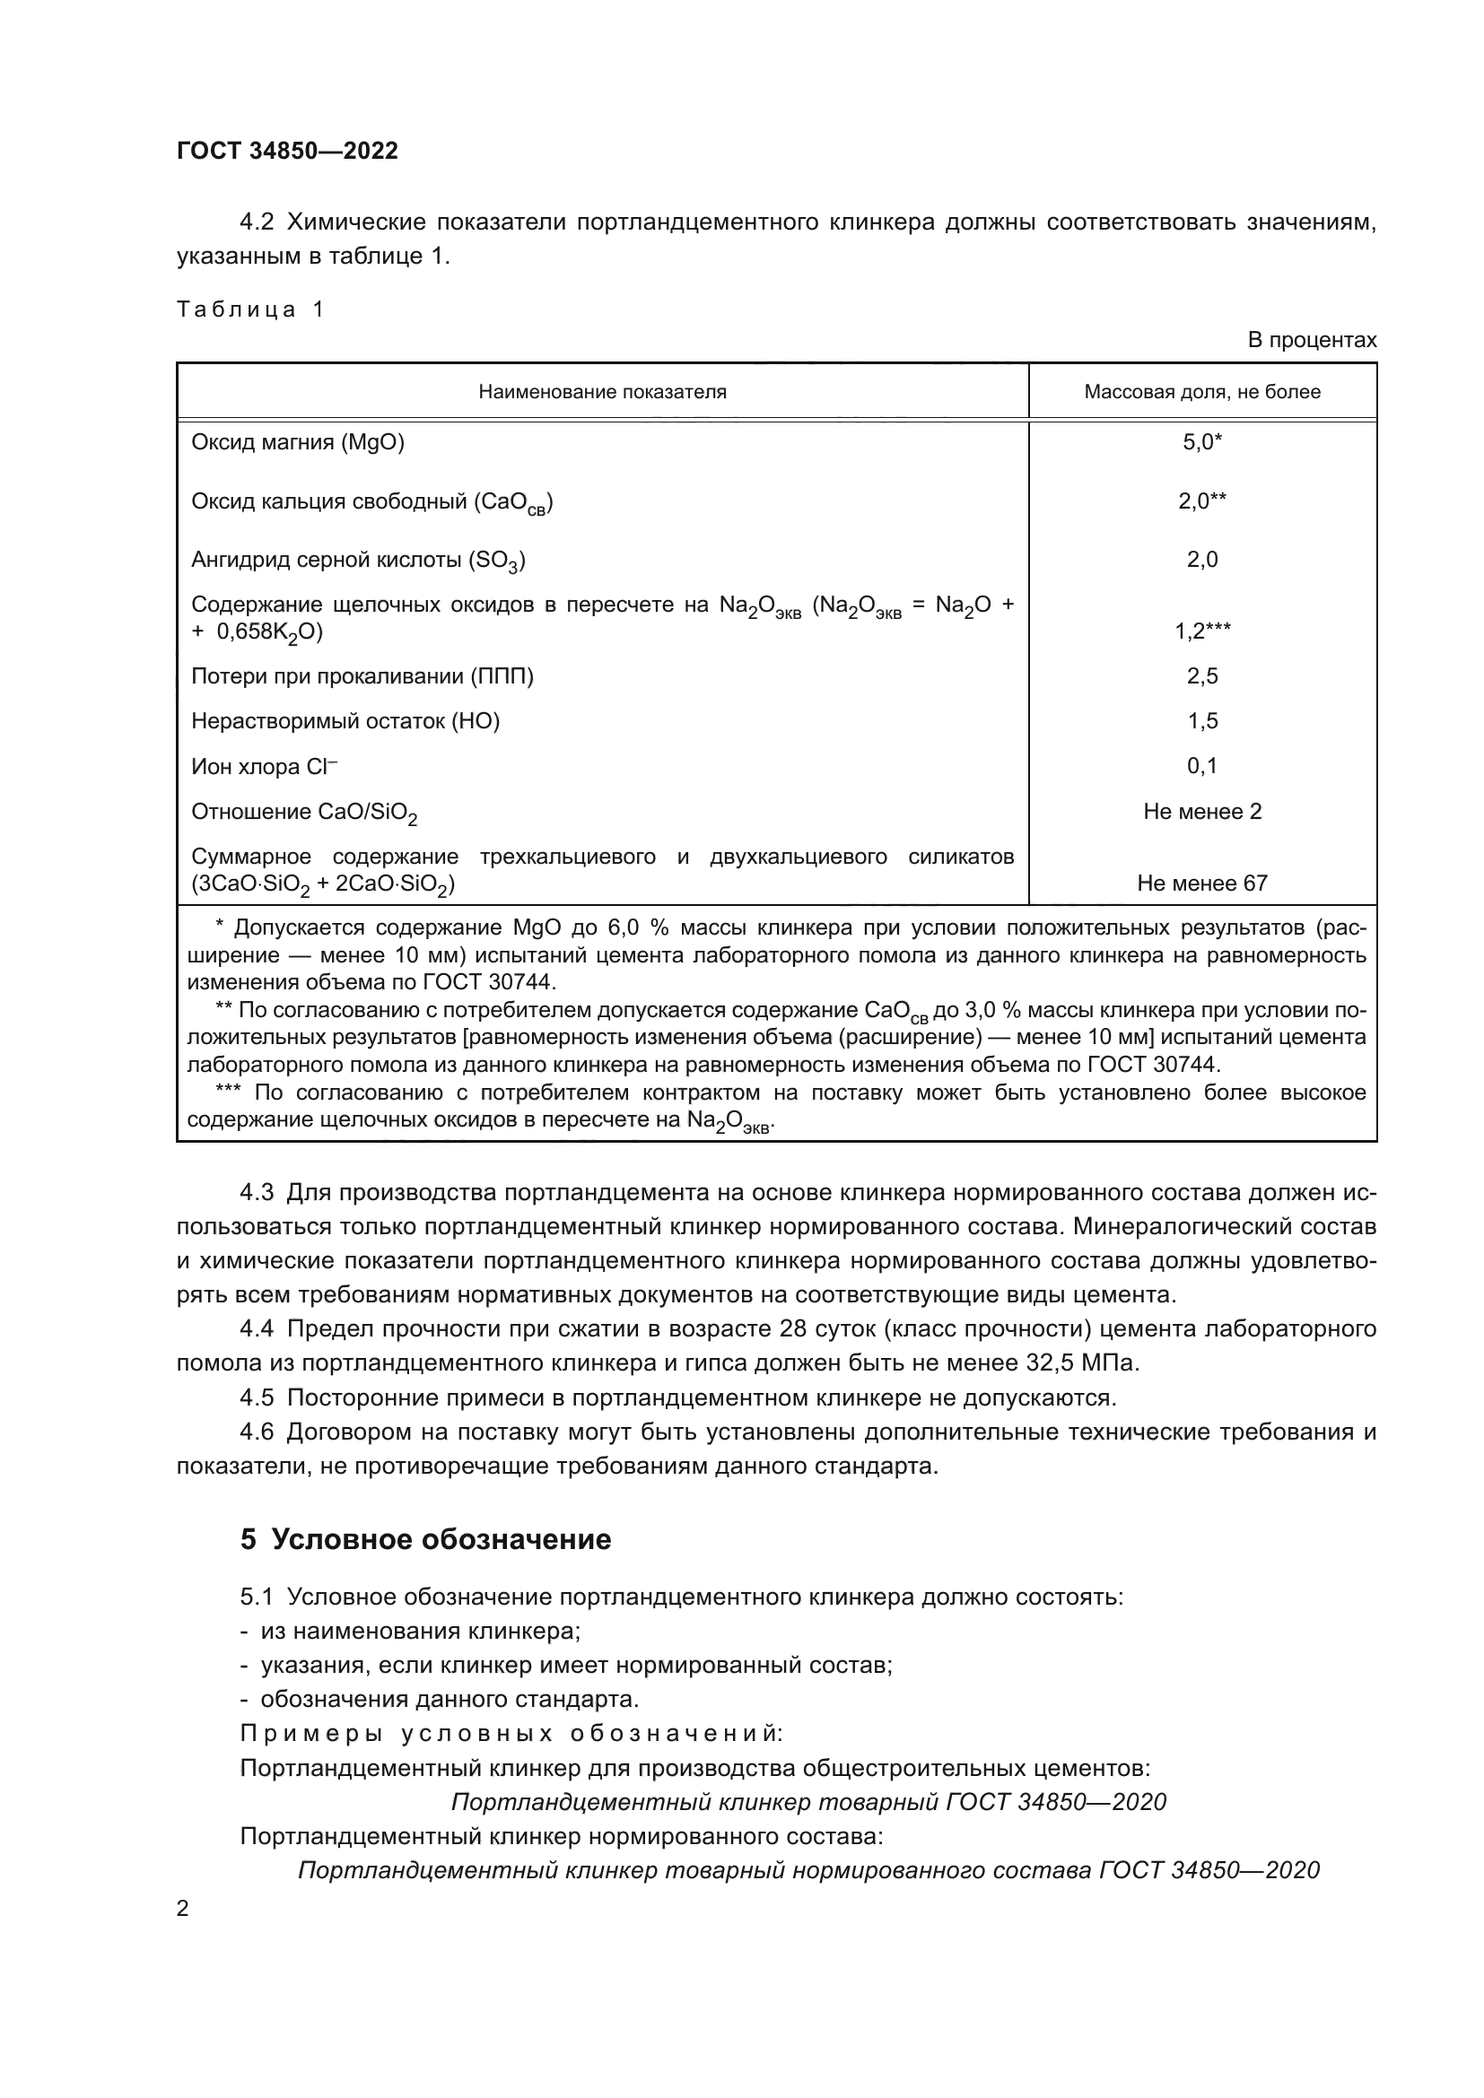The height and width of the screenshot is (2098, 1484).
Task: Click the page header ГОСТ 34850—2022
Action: pos(287,152)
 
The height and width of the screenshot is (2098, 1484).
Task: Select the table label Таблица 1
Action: pos(249,309)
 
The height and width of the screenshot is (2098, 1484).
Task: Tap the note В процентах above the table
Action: pos(1312,341)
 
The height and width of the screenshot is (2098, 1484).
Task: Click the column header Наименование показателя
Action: pos(602,392)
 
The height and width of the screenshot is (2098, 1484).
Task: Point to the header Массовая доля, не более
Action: pos(1201,392)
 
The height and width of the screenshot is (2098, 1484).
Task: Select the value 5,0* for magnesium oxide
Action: pos(1201,442)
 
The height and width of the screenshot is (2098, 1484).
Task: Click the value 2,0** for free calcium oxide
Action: pos(1201,501)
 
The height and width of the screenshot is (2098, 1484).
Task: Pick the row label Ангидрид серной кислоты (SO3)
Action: pos(357,560)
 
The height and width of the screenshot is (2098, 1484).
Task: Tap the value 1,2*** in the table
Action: pos(1201,631)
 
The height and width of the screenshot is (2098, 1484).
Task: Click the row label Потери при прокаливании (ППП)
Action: pos(362,676)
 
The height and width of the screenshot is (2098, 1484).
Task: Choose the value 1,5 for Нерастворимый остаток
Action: pos(1201,721)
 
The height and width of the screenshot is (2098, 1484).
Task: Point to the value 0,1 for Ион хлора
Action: pos(1201,766)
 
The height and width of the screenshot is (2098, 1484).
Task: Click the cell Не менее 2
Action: pos(1201,812)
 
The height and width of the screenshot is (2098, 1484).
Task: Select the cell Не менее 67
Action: pos(1201,883)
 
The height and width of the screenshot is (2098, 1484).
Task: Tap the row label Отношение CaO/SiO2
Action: pos(303,813)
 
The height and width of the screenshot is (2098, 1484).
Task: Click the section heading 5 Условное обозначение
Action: pos(425,1540)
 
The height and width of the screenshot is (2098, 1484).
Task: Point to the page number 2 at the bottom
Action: pos(183,1908)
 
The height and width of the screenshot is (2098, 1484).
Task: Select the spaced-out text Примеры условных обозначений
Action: pos(511,1734)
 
